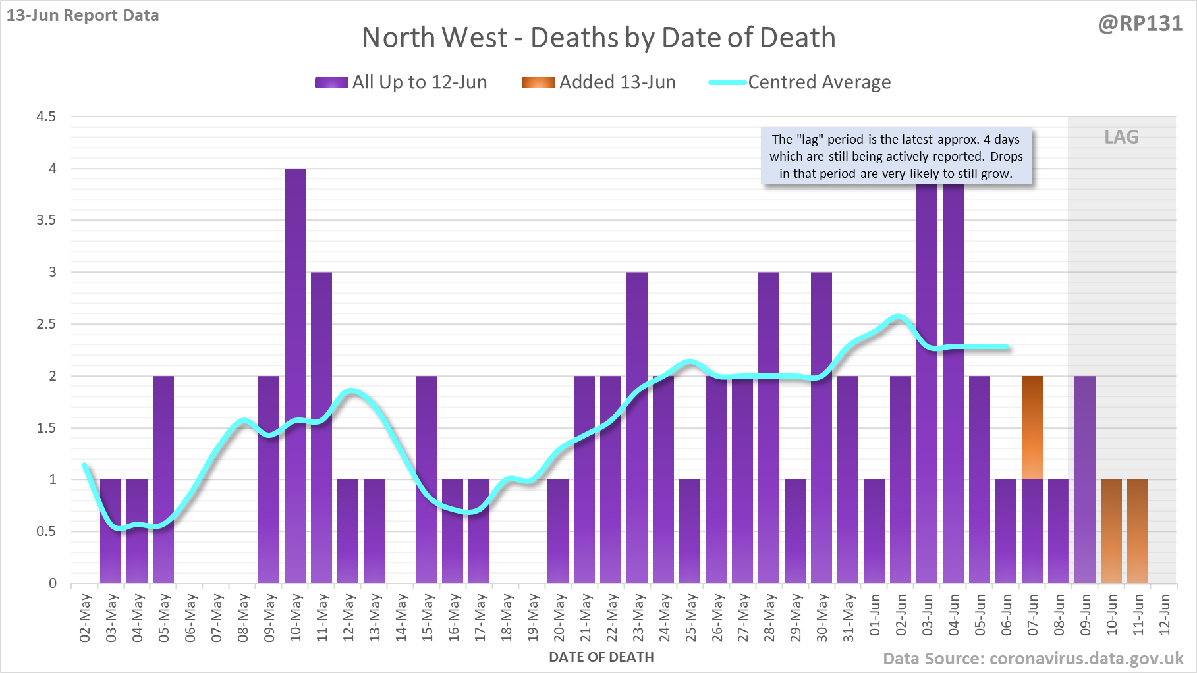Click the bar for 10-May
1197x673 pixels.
[295, 375]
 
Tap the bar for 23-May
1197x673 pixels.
[637, 428]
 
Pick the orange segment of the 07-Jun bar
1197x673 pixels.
[1032, 428]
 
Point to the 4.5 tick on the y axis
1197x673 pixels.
[46, 117]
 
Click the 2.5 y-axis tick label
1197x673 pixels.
[46, 324]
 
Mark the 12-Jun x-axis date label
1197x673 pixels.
[1165, 615]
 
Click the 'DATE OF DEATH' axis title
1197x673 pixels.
[601, 657]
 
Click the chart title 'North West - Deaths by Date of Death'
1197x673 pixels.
[598, 38]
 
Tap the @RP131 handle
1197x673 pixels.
[1140, 24]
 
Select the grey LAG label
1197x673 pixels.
[1121, 137]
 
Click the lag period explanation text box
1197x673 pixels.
[896, 157]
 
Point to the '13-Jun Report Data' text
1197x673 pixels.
[83, 16]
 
